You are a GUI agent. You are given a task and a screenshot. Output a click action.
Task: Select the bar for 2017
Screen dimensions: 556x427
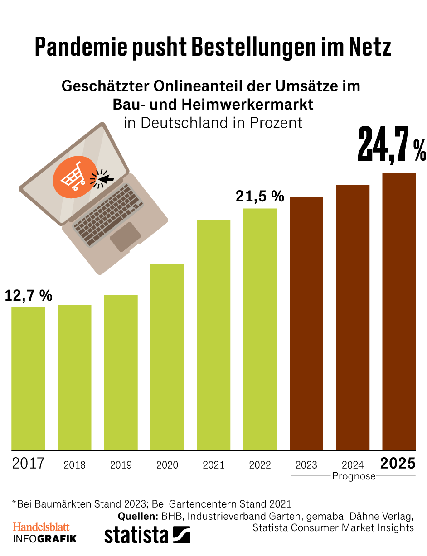point(28,378)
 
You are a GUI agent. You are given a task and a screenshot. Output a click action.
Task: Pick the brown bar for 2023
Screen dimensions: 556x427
point(306,323)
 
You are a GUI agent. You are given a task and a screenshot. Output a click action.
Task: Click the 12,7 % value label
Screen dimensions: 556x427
point(29,296)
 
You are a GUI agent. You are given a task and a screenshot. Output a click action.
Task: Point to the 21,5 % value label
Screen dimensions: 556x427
point(260,197)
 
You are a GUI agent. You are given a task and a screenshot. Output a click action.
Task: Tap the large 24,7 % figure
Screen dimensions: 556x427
point(392,145)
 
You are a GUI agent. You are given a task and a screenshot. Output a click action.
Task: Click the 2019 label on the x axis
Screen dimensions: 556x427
point(121,465)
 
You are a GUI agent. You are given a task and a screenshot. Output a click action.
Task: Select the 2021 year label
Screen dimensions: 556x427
point(213,465)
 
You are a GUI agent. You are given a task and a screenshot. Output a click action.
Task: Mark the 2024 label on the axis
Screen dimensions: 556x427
point(353,465)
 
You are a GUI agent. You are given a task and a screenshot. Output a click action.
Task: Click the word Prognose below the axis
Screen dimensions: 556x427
point(354,476)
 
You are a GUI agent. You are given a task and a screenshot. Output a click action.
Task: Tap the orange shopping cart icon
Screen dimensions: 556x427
point(74,175)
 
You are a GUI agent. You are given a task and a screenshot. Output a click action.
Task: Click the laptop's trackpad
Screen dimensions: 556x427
point(125,237)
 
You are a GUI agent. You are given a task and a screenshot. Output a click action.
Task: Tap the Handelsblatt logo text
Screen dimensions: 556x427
point(41,527)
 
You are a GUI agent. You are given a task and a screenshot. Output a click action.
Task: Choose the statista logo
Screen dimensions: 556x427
point(147,535)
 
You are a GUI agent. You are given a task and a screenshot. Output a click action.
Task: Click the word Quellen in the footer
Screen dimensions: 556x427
point(137,517)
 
